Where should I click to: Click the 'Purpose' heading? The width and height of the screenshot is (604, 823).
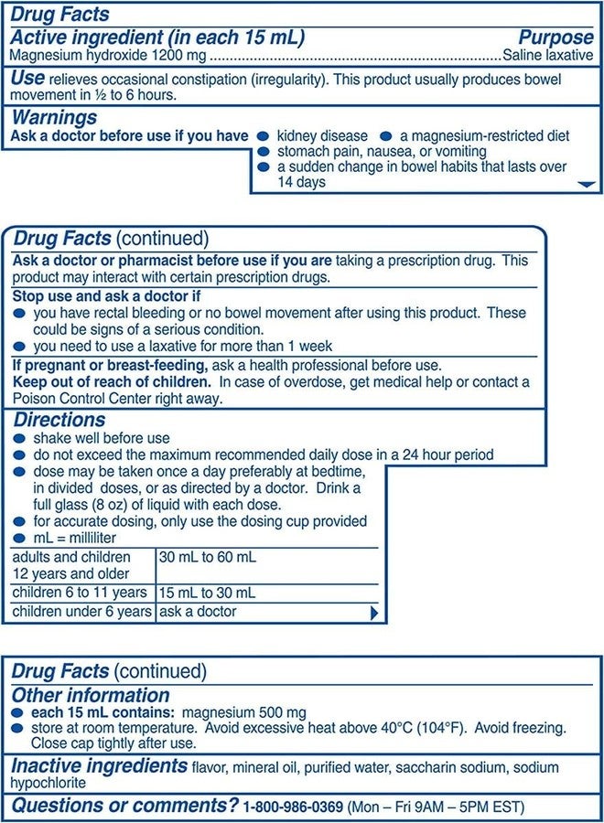(555, 37)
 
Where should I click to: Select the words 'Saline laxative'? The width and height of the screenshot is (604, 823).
(548, 55)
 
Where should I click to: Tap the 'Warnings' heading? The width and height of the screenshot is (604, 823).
(54, 118)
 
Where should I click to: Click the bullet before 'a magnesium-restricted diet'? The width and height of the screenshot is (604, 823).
(386, 136)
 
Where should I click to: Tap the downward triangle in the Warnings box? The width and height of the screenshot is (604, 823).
(587, 185)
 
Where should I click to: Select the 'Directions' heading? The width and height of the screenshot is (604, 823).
(59, 420)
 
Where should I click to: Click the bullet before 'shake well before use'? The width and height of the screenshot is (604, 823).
(20, 439)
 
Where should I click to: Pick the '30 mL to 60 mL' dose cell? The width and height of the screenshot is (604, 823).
(208, 557)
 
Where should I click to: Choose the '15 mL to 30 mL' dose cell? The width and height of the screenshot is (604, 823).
(208, 593)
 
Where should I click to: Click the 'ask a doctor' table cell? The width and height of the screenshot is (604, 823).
(198, 611)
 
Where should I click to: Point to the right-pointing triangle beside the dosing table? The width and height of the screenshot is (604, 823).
(373, 614)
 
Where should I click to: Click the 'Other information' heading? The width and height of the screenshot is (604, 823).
(91, 695)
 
